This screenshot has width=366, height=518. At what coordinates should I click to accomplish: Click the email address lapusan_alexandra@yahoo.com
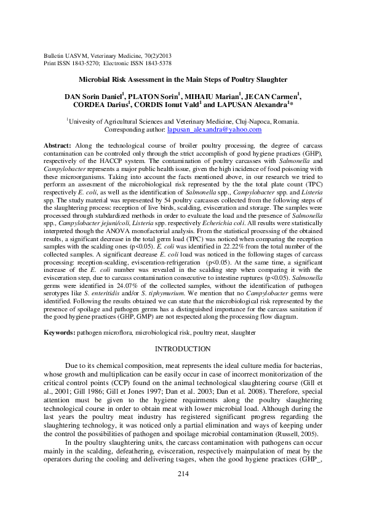click(x=215, y=130)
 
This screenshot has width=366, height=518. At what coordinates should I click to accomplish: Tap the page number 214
click(x=183, y=474)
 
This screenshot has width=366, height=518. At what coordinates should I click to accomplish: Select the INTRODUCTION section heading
click(x=183, y=349)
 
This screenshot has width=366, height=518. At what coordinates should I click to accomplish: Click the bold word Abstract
click(x=57, y=145)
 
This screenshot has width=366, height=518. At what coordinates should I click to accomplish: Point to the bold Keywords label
click(x=58, y=332)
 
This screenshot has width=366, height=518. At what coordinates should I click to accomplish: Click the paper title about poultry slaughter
click(x=183, y=80)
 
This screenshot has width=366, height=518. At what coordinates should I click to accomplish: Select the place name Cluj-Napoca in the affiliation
click(x=247, y=122)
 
